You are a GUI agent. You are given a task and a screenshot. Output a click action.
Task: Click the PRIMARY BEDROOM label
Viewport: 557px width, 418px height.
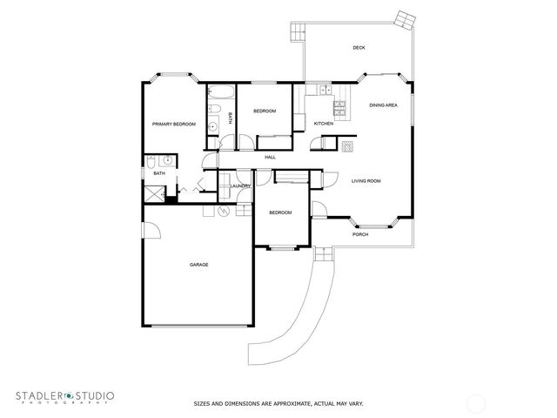pos(174,125)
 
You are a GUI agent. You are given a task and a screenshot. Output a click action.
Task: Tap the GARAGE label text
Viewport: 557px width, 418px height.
pos(198,265)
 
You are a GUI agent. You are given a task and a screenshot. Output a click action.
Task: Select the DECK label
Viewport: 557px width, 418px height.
pos(359,48)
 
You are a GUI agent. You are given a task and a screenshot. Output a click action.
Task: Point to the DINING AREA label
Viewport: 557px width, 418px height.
pos(383,105)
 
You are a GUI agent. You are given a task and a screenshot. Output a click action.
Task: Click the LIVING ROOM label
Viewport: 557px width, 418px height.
pos(366,181)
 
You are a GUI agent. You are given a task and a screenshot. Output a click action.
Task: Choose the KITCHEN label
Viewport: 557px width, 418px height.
pos(324,124)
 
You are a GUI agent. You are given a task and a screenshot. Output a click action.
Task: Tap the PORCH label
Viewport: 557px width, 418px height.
pos(360,234)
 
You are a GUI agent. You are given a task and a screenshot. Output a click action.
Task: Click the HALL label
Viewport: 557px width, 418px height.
pos(270,157)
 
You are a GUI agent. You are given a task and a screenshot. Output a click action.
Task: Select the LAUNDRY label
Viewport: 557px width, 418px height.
pos(241,185)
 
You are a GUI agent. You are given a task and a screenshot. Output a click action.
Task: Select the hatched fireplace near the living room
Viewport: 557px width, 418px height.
pos(347,145)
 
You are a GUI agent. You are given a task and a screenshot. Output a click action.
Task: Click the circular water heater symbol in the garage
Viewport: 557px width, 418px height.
pos(223,211)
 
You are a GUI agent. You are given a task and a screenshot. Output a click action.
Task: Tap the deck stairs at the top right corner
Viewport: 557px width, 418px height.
pos(406,18)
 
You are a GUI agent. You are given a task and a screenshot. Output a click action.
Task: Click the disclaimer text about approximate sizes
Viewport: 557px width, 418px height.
pos(278,403)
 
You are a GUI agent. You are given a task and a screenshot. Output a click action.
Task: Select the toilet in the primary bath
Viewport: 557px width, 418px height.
pos(151,161)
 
